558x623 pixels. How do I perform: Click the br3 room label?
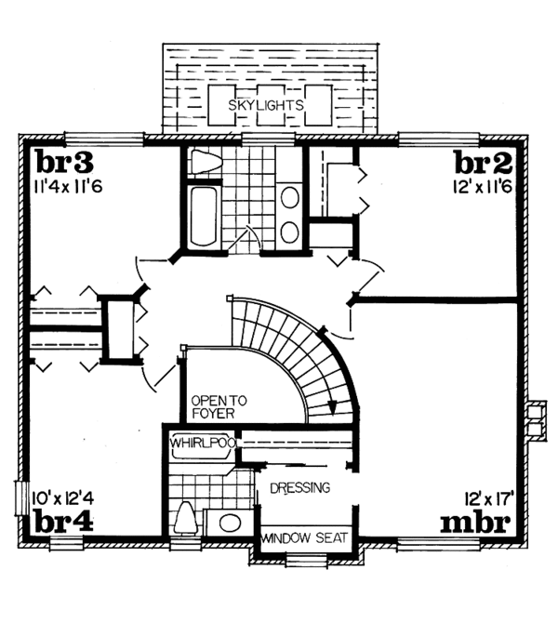pyautogui.click(x=64, y=164)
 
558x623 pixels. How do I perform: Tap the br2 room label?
pyautogui.click(x=483, y=164)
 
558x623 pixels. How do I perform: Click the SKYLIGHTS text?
pyautogui.click(x=268, y=105)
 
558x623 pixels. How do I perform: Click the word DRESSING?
pyautogui.click(x=299, y=487)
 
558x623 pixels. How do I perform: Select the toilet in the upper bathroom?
pyautogui.click(x=202, y=164)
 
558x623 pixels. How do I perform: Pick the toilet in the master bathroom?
pyautogui.click(x=184, y=517)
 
